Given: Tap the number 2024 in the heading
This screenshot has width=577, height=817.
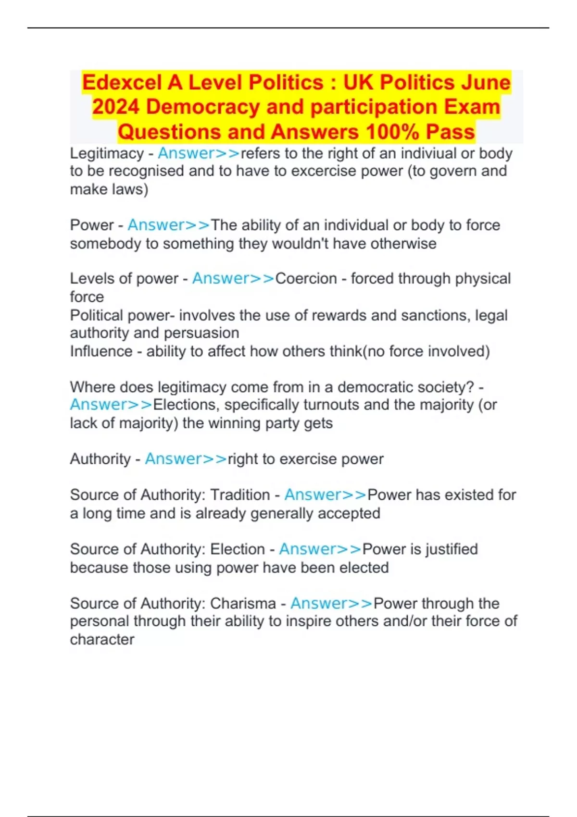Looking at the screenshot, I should [x=115, y=107].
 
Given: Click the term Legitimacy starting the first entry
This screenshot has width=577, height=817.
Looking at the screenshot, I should [x=107, y=154].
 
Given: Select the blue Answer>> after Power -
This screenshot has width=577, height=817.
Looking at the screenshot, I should [x=168, y=225].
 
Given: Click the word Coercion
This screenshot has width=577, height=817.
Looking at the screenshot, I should [x=306, y=279].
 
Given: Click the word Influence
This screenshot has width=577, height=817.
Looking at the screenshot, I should [x=101, y=351].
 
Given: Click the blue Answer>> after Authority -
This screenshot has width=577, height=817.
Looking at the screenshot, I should [x=186, y=459].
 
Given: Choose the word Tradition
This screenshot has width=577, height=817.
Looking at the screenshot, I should [x=240, y=495].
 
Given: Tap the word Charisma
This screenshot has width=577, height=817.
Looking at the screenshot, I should [x=243, y=604].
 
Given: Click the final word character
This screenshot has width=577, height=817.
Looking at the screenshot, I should [x=102, y=640].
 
